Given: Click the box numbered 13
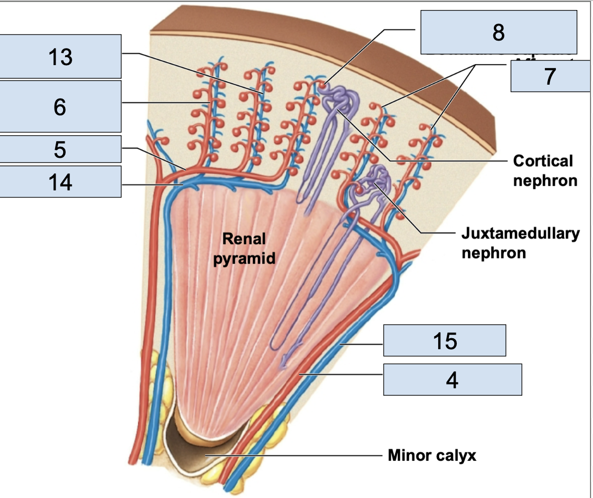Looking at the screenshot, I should click(x=60, y=57).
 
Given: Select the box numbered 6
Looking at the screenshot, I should click(x=60, y=106).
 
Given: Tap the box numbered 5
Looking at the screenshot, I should click(x=60, y=149).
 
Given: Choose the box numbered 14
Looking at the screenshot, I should click(x=60, y=181).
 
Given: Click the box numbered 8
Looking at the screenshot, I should click(x=498, y=32).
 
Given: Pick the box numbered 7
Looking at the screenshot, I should click(x=550, y=76).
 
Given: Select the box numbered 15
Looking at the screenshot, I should click(x=445, y=340).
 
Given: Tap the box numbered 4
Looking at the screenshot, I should click(x=452, y=379).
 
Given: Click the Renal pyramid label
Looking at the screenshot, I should click(x=244, y=248).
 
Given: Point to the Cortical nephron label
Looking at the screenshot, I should click(x=545, y=170).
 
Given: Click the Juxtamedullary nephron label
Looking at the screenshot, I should click(x=520, y=242).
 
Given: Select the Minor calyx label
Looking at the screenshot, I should click(x=432, y=455).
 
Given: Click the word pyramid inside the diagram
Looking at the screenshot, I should click(x=244, y=259).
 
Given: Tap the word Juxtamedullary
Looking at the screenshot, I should click(x=520, y=233).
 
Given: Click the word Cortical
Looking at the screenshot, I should click(x=543, y=161).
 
